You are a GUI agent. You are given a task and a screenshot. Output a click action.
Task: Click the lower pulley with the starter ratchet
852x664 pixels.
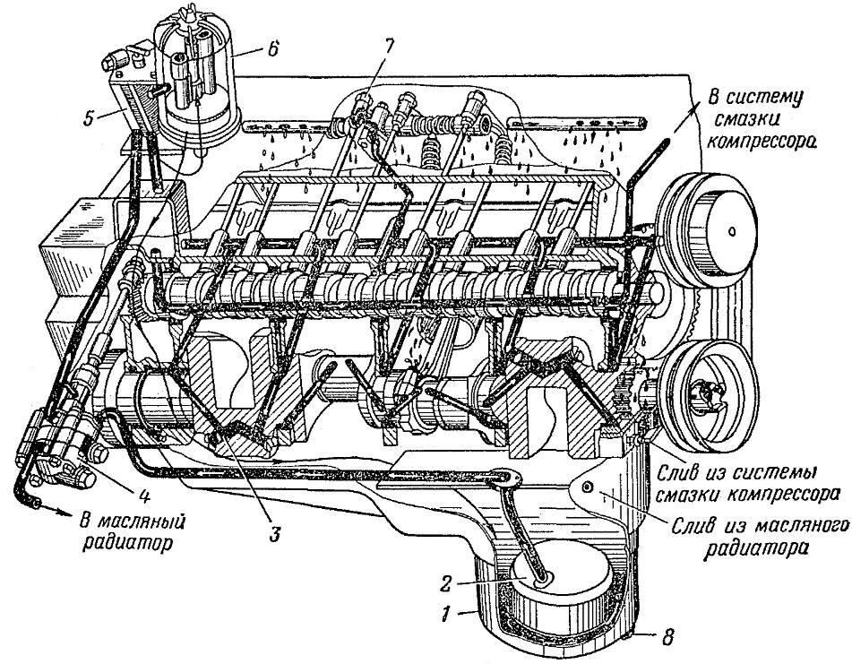pyautogui.click(x=710, y=392)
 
